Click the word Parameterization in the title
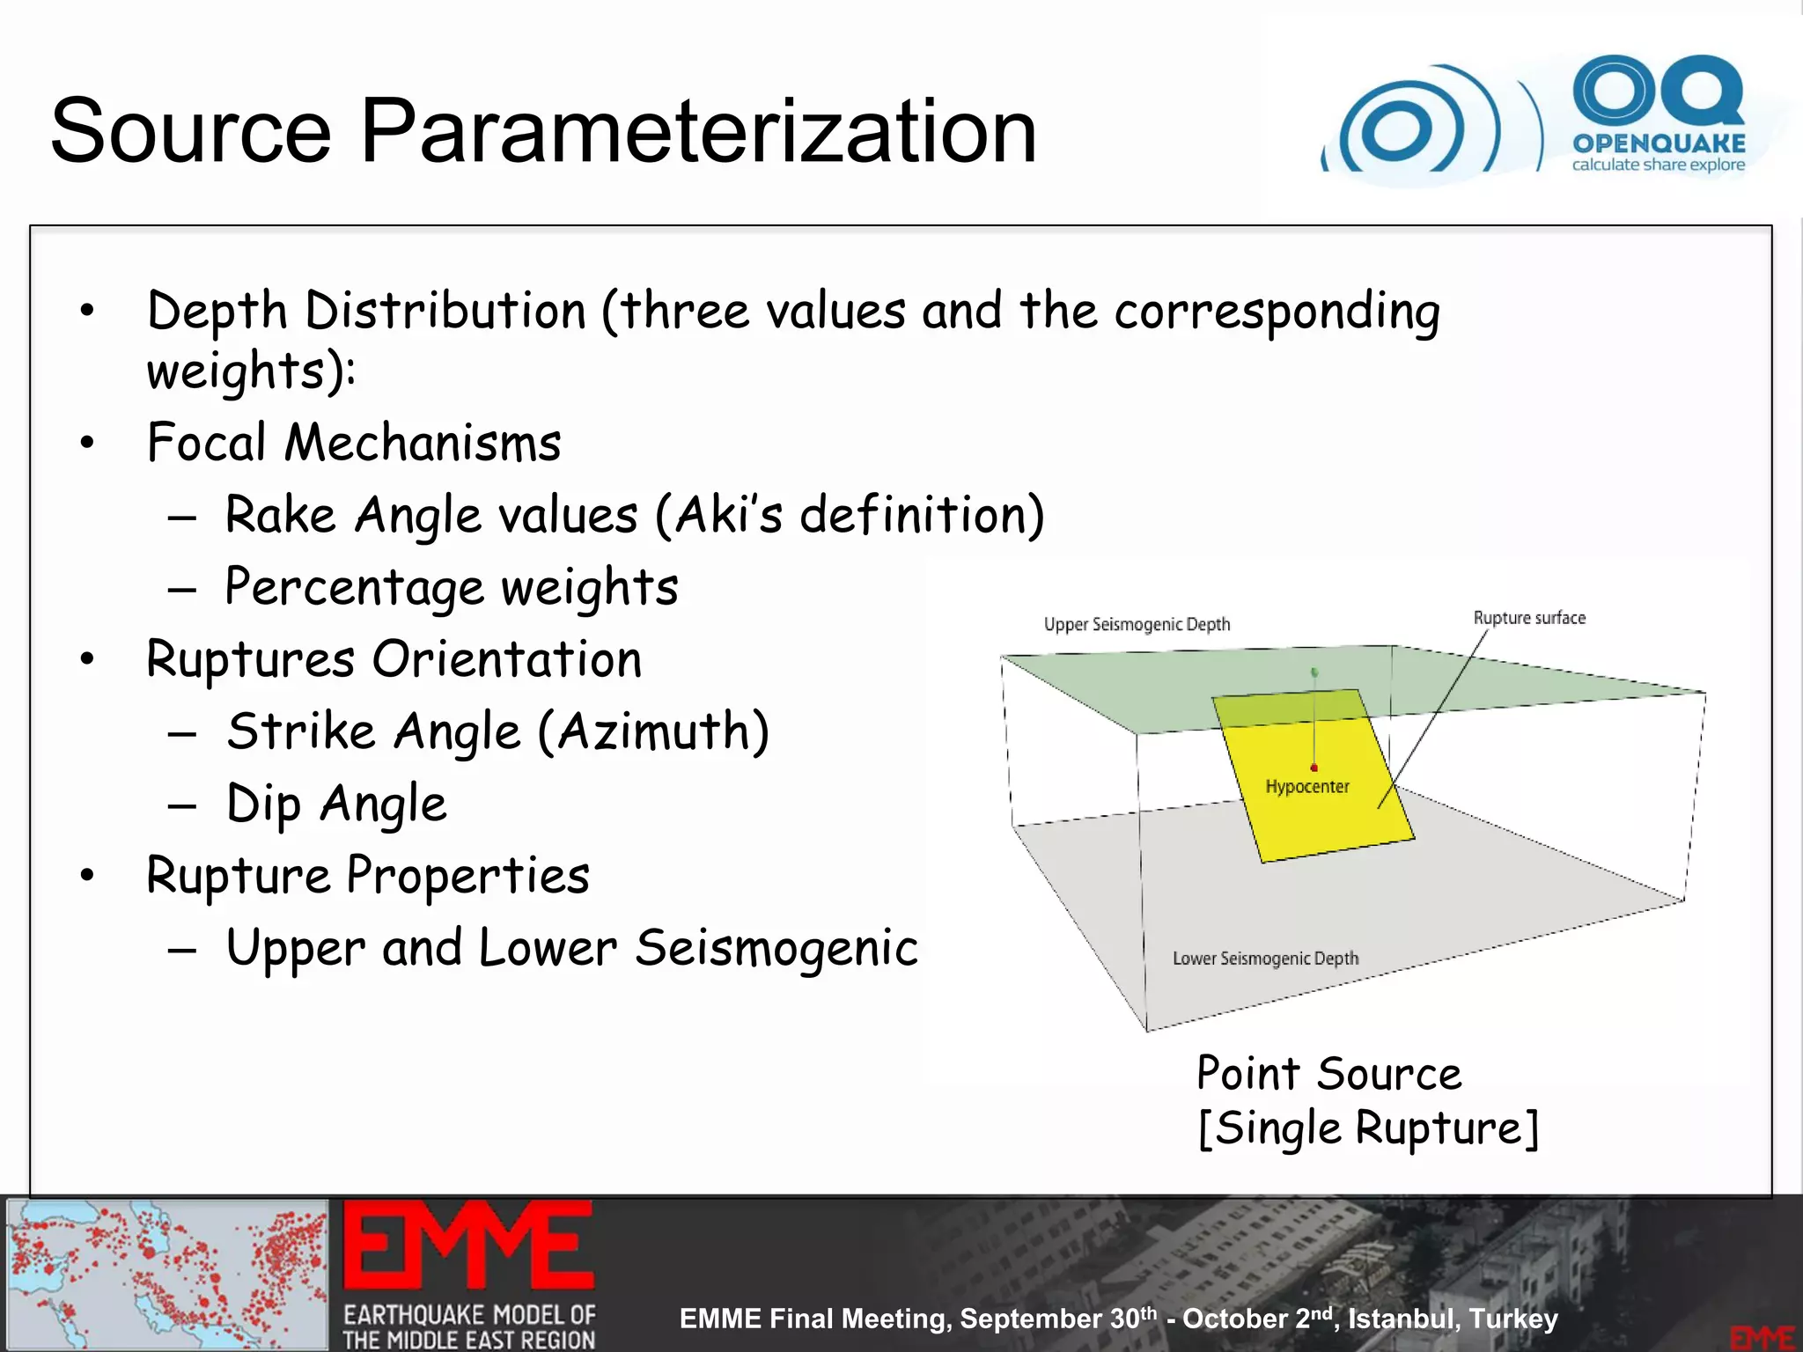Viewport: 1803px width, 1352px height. pyautogui.click(x=698, y=132)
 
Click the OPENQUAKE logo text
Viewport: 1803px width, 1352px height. pyautogui.click(x=1659, y=143)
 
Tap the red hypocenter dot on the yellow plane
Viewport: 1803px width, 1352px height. pyautogui.click(x=1314, y=768)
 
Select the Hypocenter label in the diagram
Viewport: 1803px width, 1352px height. pyautogui.click(x=1307, y=787)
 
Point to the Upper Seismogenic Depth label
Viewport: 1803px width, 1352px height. pyautogui.click(x=1137, y=624)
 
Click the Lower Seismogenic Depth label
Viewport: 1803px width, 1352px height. pyautogui.click(x=1265, y=959)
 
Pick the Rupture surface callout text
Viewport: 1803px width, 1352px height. pyautogui.click(x=1529, y=618)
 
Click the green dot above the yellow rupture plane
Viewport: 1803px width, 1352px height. pyautogui.click(x=1314, y=672)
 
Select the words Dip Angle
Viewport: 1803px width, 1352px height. pyautogui.click(x=336, y=805)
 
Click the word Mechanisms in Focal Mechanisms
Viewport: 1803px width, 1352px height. pyautogui.click(x=423, y=443)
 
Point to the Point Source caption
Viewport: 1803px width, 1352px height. pyautogui.click(x=1328, y=1074)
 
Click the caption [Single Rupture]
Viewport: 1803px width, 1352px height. pyautogui.click(x=1368, y=1129)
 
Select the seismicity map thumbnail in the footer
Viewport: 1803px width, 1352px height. pyautogui.click(x=167, y=1274)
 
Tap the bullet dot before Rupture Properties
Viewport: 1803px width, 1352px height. pyautogui.click(x=86, y=877)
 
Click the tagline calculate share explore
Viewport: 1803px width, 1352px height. pyautogui.click(x=1659, y=165)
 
